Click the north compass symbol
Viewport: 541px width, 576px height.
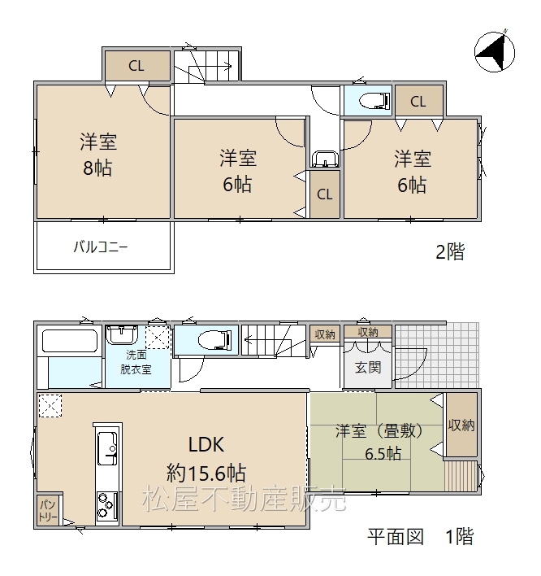494,51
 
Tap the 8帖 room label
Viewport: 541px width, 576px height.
97,168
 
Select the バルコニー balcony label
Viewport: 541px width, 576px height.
101,247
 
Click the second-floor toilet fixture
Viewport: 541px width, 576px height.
374,100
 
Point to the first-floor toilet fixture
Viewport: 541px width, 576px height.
215,340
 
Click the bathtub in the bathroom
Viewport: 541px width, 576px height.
70,341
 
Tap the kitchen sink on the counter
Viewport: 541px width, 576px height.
107,448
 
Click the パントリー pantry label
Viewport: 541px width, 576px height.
48,511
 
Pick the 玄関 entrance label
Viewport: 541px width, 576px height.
368,368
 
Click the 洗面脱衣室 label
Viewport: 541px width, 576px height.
136,362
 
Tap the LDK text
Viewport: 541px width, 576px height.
206,444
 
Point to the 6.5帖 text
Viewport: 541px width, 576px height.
383,454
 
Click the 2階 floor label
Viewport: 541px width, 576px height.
450,251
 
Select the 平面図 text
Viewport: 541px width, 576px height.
396,537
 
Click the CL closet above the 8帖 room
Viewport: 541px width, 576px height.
137,65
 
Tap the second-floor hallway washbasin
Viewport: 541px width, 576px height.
325,159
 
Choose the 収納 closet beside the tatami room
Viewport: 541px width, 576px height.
461,425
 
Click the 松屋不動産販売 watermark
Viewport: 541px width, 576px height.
245,499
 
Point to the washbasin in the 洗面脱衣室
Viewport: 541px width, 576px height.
121,334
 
